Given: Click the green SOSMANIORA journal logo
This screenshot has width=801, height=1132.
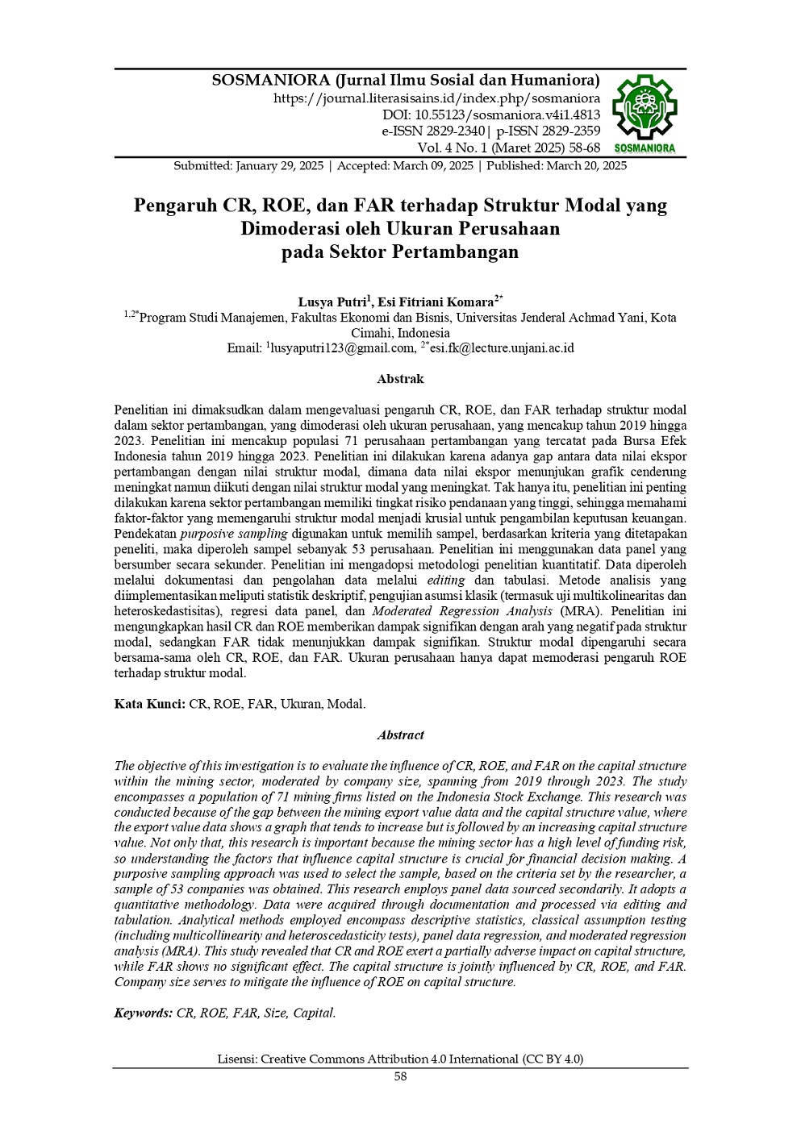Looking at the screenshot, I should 645,114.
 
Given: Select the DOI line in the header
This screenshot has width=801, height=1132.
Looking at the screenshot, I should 490,114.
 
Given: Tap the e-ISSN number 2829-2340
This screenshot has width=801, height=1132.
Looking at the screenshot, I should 450,131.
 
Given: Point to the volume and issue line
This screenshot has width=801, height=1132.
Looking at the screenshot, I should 508,148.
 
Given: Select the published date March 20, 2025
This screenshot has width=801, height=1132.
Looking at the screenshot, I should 586,165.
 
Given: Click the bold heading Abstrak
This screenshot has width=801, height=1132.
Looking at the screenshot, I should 400,379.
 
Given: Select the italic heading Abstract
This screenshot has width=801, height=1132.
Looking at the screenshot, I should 400,735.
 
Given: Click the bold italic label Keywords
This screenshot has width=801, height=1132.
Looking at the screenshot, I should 143,1013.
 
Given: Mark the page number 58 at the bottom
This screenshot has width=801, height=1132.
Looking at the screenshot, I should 400,1076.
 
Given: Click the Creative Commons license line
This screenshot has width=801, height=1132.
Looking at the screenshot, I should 400,1059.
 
